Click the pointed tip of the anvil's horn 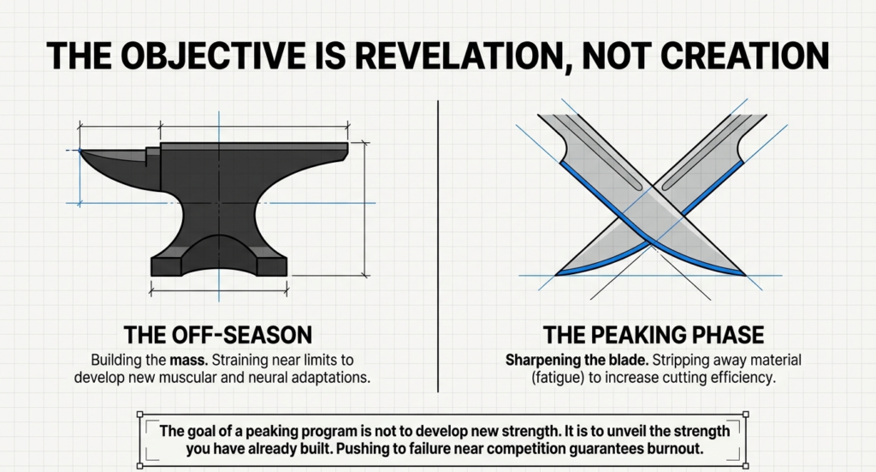(x=80, y=152)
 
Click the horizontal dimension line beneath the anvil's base (x=219, y=292)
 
